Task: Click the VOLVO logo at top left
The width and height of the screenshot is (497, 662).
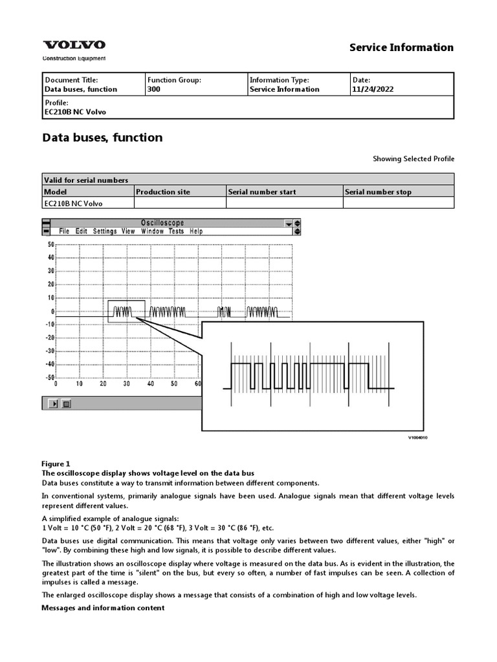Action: tap(74, 45)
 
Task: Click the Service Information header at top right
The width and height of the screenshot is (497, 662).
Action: tap(401, 47)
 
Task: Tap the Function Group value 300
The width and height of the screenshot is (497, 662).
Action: tap(154, 89)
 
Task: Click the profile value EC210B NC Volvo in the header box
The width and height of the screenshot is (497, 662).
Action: tap(74, 112)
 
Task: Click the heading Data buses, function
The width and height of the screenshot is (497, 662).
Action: tap(102, 138)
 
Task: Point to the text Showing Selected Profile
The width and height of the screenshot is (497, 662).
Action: tap(413, 159)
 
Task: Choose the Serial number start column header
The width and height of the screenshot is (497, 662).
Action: tap(262, 192)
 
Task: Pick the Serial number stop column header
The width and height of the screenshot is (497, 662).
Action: tap(378, 192)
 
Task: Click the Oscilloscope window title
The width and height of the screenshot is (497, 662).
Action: tap(162, 223)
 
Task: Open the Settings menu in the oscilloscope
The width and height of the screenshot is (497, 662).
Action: tap(105, 231)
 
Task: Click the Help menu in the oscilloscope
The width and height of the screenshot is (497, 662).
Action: tap(196, 231)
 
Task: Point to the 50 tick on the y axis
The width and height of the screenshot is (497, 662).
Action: tap(50, 245)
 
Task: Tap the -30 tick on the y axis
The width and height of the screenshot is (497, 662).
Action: tap(49, 352)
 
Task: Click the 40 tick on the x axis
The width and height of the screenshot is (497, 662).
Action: tap(150, 384)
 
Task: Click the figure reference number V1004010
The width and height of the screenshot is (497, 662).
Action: tap(417, 438)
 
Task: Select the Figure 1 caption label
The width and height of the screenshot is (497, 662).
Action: tap(56, 464)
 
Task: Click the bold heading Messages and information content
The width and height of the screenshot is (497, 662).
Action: tap(103, 608)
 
